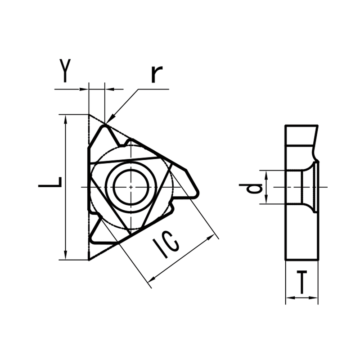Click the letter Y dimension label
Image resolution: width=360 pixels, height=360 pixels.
65,71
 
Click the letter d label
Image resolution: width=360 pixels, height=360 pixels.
251,188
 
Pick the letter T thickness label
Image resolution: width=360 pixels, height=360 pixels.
301,283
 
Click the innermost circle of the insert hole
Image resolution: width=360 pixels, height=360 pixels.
130,187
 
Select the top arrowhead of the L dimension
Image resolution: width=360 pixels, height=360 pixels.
66,119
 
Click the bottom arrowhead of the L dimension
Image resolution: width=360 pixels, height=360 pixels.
66,255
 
